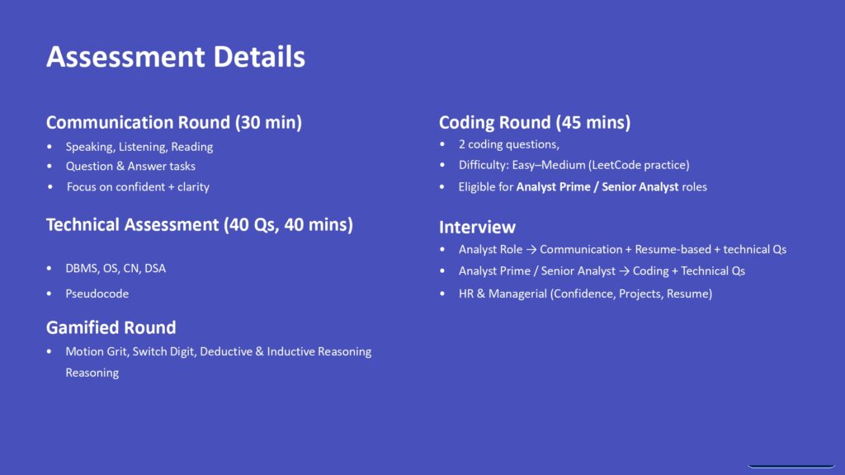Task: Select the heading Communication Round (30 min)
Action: (174, 122)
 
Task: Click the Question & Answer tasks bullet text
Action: (130, 167)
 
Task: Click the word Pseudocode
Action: (97, 294)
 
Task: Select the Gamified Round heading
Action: (111, 327)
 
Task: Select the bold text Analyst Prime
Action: (555, 187)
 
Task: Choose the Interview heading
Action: (477, 227)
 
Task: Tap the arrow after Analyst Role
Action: (531, 250)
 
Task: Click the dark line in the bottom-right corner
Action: (791, 467)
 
